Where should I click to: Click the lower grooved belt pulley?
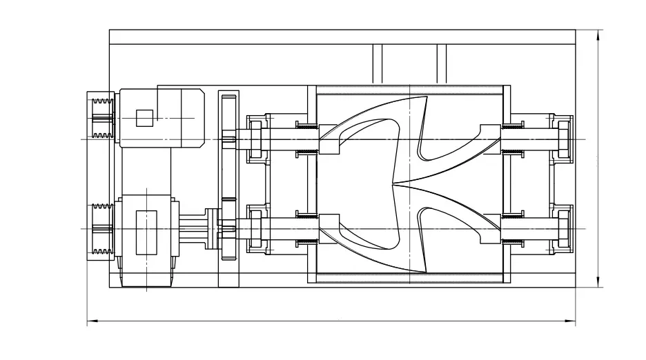(101, 230)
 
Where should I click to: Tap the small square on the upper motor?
(144, 119)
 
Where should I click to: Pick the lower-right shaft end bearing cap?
(562, 228)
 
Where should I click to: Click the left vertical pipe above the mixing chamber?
(378, 63)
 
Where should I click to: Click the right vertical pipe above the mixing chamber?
(442, 63)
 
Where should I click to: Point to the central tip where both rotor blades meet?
(393, 185)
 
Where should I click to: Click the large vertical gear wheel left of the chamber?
(228, 188)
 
